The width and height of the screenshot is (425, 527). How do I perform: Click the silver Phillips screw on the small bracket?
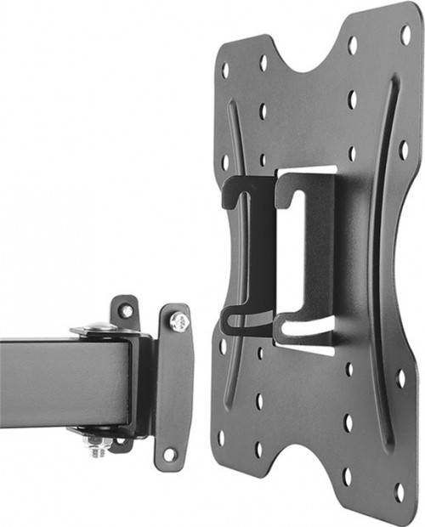click(178, 320)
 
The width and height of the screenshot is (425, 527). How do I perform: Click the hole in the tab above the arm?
click(126, 311)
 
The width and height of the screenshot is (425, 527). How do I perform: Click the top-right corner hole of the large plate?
click(405, 35)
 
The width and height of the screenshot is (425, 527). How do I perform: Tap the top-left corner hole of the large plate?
click(225, 70)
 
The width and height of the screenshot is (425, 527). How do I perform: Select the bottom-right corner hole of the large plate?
click(399, 490)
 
